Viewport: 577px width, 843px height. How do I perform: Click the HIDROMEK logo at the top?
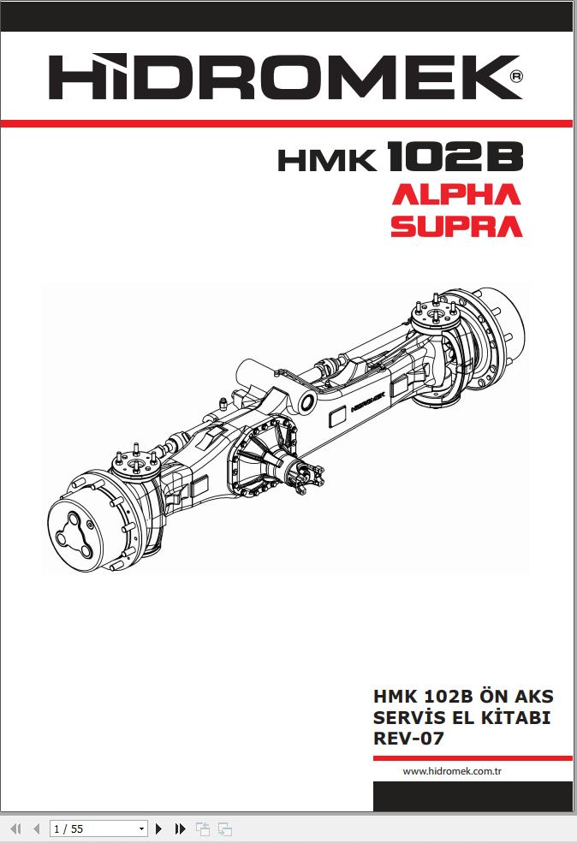pyautogui.click(x=285, y=76)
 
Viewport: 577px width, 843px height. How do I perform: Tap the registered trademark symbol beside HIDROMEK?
pyautogui.click(x=515, y=76)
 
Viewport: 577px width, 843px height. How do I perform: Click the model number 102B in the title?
pyautogui.click(x=455, y=157)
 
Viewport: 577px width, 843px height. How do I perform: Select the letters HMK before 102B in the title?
pyautogui.click(x=327, y=160)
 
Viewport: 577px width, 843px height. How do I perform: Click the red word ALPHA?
pyautogui.click(x=456, y=194)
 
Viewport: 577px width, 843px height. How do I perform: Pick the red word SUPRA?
pyautogui.click(x=456, y=226)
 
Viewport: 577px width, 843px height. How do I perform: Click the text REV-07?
pyautogui.click(x=408, y=739)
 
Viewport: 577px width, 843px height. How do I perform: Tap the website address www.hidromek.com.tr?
pyautogui.click(x=452, y=771)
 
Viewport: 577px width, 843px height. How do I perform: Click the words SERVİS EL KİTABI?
pyautogui.click(x=462, y=717)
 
